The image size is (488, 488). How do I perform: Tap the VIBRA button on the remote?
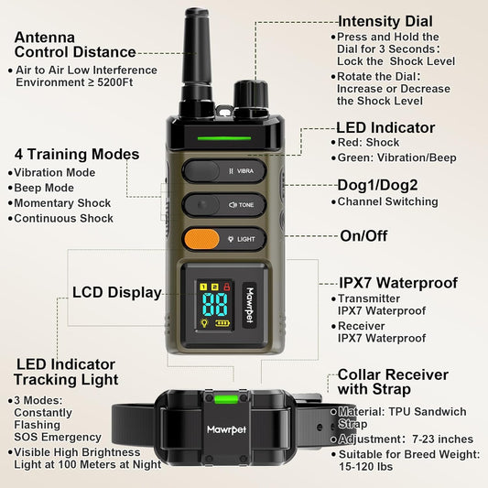[x=224, y=170]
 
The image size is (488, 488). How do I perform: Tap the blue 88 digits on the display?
[x=215, y=306]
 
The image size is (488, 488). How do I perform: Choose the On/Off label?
[x=363, y=235]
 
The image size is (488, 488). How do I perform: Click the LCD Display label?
[x=116, y=294]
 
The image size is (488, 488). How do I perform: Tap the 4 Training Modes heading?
[x=77, y=154]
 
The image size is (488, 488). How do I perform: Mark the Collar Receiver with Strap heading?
[x=393, y=382]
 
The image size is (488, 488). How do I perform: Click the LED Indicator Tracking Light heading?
[x=65, y=372]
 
